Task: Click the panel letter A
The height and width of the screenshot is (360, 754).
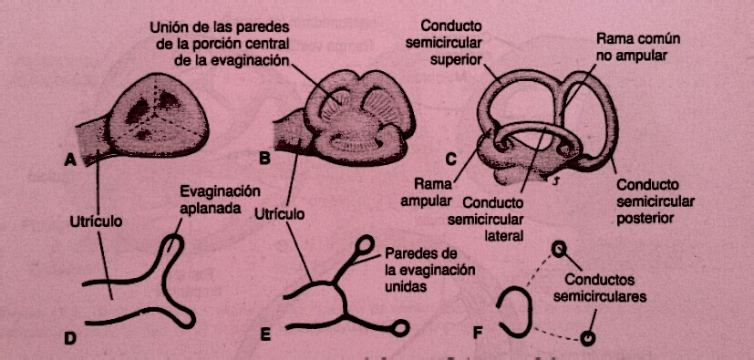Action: click(x=69, y=160)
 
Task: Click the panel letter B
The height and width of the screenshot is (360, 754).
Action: click(x=264, y=158)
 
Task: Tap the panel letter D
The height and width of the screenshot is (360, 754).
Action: click(x=68, y=338)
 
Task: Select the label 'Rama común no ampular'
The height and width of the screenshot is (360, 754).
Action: click(x=640, y=49)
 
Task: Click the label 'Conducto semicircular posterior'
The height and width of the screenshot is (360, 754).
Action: click(x=657, y=202)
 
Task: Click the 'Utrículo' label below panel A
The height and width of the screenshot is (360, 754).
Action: click(x=96, y=221)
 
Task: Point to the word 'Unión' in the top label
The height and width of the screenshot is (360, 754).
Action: click(x=170, y=27)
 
